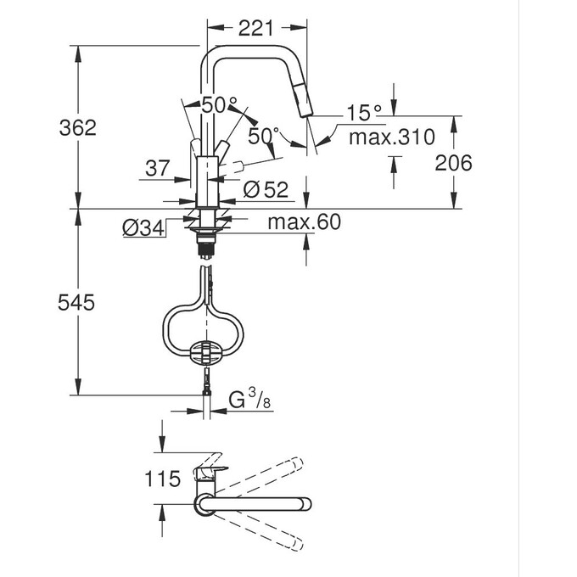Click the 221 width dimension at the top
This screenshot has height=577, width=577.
click(255, 28)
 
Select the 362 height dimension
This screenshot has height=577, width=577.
click(77, 127)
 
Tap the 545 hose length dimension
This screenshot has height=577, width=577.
click(77, 302)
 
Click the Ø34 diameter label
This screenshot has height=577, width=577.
click(143, 229)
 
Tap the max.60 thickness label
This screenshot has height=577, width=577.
click(303, 223)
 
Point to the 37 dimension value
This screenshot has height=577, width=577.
click(158, 168)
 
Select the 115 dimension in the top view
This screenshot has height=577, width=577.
click(162, 479)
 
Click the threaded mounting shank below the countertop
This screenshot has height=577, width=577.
click(204, 246)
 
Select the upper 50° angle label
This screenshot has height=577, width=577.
click(219, 105)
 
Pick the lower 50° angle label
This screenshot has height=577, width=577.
click(264, 135)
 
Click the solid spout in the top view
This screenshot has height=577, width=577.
click(255, 507)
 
